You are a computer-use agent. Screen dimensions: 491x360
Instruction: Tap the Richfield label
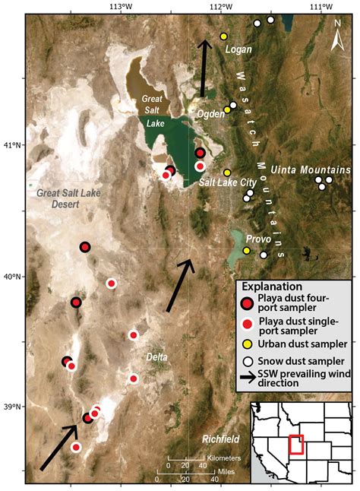tap(222, 439)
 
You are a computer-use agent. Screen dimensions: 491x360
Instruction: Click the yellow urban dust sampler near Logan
tap(223, 36)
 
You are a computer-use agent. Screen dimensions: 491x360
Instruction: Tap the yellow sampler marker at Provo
tap(247, 250)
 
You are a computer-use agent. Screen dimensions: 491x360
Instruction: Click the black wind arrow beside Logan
tap(204, 68)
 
